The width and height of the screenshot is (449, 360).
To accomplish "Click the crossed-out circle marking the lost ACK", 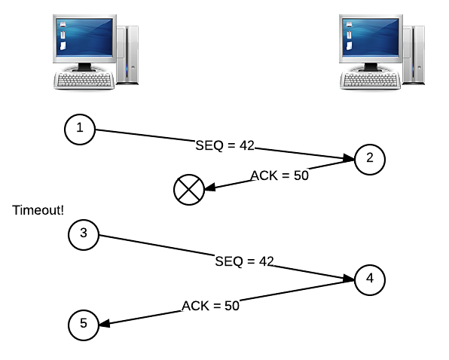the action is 189,190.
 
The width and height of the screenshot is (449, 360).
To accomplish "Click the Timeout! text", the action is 38,210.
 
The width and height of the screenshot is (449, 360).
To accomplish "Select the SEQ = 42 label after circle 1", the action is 225,145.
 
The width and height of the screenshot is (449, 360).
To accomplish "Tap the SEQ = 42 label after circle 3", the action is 245,261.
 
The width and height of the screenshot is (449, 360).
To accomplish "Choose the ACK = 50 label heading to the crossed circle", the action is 279,175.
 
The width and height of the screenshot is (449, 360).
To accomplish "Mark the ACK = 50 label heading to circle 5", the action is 210,306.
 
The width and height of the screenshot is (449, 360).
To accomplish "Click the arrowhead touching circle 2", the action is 349,158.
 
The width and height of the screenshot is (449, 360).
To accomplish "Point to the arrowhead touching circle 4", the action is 349,279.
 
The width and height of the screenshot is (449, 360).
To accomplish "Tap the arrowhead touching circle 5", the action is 104,323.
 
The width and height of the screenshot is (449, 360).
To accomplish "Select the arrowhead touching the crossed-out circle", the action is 210,188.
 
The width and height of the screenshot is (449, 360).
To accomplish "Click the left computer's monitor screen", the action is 84,37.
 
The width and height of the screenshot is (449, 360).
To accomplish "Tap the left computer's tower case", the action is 128,55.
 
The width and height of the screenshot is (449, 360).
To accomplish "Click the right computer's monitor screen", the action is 371,37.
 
